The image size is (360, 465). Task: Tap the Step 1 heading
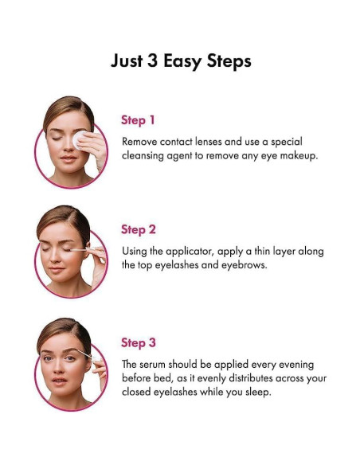138,120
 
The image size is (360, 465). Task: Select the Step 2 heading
139,229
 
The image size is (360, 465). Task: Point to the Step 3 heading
139,342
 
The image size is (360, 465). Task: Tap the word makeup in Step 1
296,156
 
